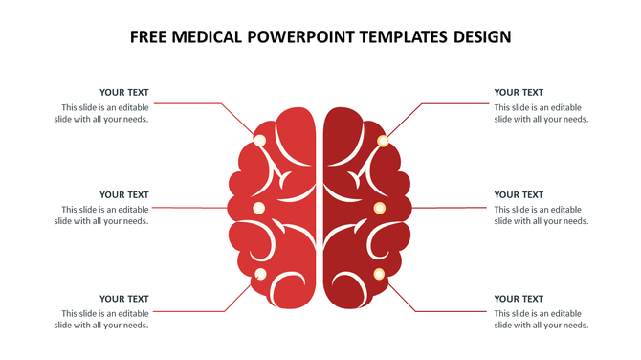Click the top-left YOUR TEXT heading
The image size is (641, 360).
124,93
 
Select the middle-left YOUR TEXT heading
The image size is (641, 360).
124,195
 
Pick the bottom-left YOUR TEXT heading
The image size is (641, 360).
124,299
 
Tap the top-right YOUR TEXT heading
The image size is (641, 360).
519,93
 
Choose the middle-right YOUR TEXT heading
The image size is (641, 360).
519,195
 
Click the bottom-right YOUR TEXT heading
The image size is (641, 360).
519,299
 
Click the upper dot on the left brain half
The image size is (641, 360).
259,140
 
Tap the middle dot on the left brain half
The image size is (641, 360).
257,208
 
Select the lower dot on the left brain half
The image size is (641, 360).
260,275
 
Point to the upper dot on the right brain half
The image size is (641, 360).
383,141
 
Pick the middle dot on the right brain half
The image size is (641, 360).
379,208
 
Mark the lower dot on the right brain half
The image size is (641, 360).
379,275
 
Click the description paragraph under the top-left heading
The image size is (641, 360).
105,114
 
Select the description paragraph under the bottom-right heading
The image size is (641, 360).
541,319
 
